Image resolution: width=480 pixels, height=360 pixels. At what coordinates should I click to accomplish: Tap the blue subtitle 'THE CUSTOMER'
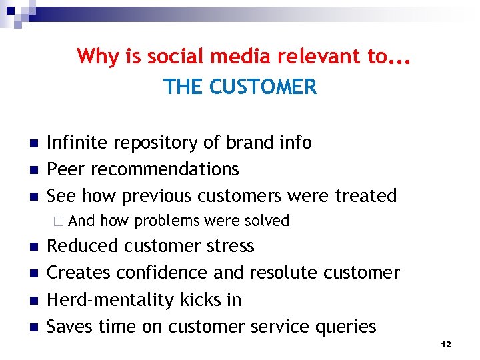[x=240, y=87]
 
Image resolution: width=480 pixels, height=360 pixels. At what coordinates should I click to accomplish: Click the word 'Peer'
[x=66, y=169]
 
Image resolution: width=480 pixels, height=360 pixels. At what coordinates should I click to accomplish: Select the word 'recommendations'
[x=165, y=169]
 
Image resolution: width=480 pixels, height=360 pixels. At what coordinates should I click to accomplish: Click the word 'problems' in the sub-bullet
[x=167, y=221]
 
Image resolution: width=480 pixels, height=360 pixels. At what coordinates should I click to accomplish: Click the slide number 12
[x=446, y=345]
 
